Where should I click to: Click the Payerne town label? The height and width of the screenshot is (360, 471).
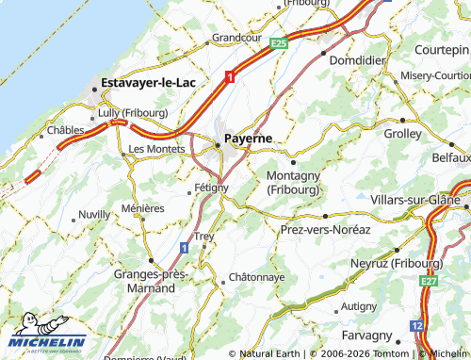pyautogui.click(x=248, y=138)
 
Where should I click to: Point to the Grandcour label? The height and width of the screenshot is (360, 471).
pyautogui.click(x=236, y=38)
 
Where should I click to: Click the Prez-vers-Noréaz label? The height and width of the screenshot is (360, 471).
pyautogui.click(x=326, y=229)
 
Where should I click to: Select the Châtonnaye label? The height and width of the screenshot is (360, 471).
pyautogui.click(x=257, y=278)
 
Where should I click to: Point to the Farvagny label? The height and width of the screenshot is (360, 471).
pyautogui.click(x=367, y=335)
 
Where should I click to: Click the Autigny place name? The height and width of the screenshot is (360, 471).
pyautogui.click(x=359, y=305)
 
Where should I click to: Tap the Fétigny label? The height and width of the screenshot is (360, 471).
pyautogui.click(x=211, y=188)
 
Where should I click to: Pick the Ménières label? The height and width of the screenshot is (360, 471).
pyautogui.click(x=143, y=208)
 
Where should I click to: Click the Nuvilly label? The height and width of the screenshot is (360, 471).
pyautogui.click(x=94, y=215)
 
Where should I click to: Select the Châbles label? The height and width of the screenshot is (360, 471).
pyautogui.click(x=66, y=129)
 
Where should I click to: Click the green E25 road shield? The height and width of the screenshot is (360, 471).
pyautogui.click(x=277, y=43)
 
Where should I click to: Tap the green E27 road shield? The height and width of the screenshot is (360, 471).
pyautogui.click(x=430, y=280)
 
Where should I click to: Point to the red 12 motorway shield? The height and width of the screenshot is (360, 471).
pyautogui.click(x=416, y=325)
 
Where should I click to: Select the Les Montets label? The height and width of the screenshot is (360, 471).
pyautogui.click(x=156, y=149)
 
